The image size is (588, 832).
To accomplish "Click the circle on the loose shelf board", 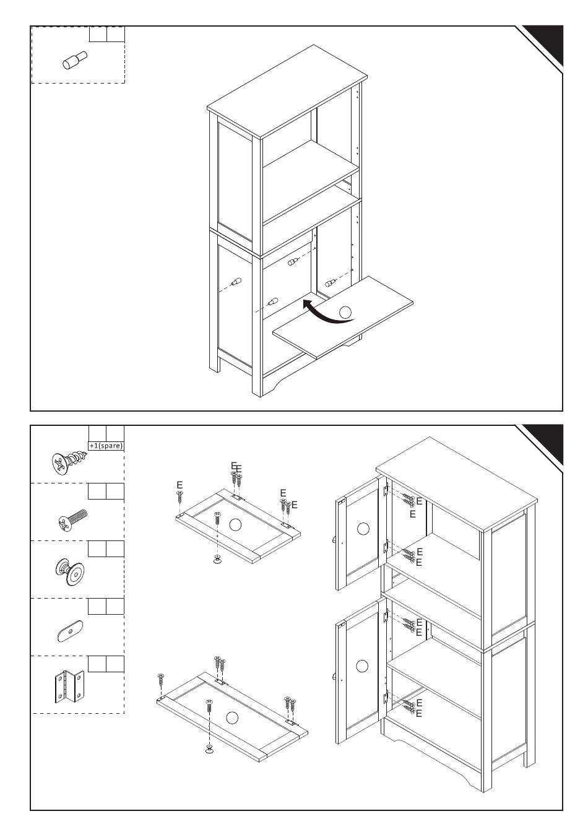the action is [345, 313].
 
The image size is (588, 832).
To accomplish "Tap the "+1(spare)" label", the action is [106, 446].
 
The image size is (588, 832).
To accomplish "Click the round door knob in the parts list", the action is [69, 571].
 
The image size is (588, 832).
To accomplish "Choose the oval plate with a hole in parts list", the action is [69, 631].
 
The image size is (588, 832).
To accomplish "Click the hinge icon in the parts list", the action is [69, 687].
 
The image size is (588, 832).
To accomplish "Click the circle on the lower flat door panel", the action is [232, 717].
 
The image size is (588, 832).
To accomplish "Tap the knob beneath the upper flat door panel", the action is [217, 560].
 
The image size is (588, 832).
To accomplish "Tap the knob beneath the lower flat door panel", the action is [209, 750].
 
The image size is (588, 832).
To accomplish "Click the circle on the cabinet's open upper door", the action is [363, 529].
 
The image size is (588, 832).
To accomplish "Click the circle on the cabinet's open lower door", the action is [363, 666].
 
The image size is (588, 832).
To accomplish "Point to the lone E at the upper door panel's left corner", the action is [179, 485].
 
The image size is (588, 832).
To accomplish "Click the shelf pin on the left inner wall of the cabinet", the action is [236, 282].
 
